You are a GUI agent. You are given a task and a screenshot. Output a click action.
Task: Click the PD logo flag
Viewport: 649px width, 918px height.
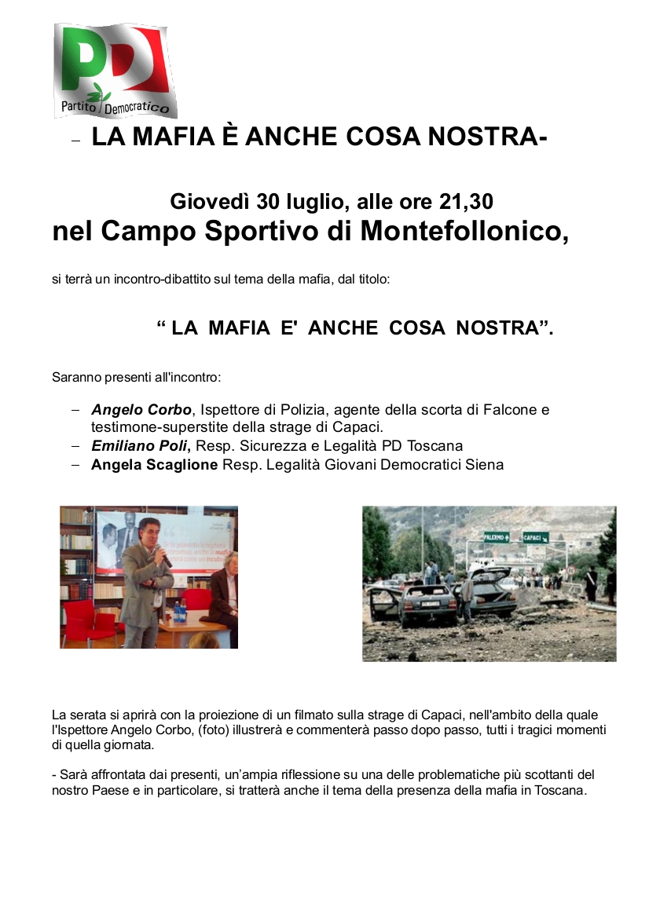click(x=115, y=69)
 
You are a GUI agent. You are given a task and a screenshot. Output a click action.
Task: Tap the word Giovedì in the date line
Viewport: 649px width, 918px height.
click(x=210, y=202)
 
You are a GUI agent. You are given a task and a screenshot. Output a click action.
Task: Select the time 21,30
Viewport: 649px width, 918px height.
click(x=465, y=202)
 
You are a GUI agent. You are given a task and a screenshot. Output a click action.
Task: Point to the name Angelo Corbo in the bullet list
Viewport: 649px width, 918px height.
click(x=141, y=410)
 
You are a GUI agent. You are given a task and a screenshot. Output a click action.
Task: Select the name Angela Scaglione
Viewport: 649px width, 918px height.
click(x=155, y=465)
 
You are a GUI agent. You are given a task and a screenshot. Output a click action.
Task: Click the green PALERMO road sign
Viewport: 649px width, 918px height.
click(x=496, y=538)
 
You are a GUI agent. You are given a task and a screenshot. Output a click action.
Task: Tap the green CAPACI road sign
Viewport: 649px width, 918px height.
click(x=536, y=538)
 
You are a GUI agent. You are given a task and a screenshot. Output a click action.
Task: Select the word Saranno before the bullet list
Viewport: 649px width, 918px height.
click(x=76, y=377)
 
